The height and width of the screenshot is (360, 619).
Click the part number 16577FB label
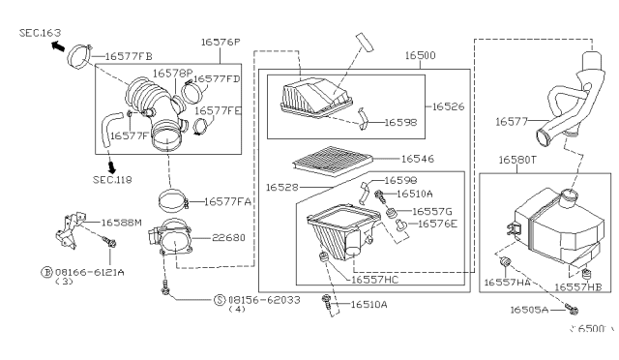pyautogui.click(x=130, y=57)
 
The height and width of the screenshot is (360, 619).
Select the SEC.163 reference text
pyautogui.click(x=34, y=33)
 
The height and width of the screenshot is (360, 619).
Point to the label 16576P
pyautogui.click(x=222, y=43)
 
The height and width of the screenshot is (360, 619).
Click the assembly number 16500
pyautogui.click(x=420, y=57)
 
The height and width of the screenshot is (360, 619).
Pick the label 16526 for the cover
pyautogui.click(x=450, y=106)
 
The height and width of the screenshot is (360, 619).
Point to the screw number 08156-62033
pyautogui.click(x=263, y=300)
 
